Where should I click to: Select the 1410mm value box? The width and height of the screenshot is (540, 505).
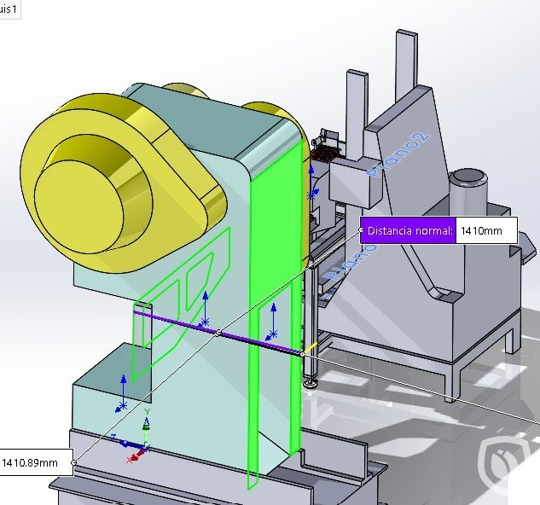click(x=487, y=230)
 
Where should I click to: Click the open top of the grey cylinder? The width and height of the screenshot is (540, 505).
click(x=467, y=177)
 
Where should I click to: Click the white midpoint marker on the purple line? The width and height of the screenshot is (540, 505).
click(x=218, y=332)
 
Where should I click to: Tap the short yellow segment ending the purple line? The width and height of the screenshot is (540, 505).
click(x=312, y=347)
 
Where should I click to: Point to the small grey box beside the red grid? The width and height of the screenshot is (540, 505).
click(x=348, y=180)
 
